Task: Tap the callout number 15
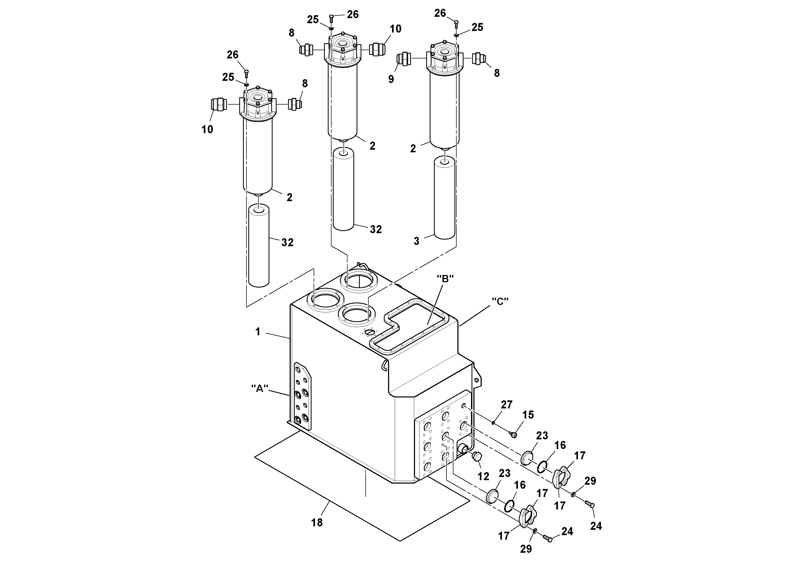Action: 528,415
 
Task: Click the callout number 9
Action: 391,79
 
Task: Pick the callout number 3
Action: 416,241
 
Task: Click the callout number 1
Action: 258,332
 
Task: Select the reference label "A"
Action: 260,388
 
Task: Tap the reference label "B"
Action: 445,278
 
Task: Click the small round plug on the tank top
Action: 370,332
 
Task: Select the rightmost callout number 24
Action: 596,526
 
